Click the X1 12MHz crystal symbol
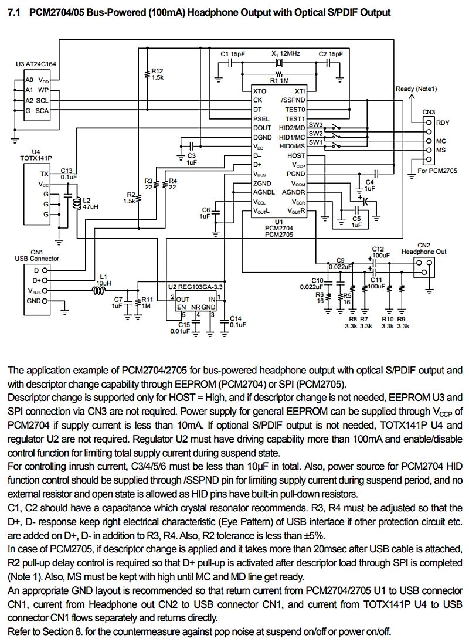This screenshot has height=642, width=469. (x=279, y=63)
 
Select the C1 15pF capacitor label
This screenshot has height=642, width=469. (x=233, y=54)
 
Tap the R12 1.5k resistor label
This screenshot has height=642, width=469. (x=158, y=74)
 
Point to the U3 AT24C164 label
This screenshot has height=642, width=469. (x=36, y=64)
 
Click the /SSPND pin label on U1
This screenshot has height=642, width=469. (x=293, y=100)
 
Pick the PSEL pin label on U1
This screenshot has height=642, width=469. (x=261, y=119)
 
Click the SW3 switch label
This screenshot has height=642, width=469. (x=315, y=124)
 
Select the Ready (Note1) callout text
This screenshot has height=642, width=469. (x=416, y=89)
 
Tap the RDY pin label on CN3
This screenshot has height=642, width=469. (x=443, y=123)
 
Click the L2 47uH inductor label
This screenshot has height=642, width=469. (x=90, y=203)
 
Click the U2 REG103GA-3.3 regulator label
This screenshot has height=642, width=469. (x=195, y=287)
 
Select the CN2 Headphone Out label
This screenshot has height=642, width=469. (x=424, y=249)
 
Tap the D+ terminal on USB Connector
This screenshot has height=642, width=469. (x=45, y=280)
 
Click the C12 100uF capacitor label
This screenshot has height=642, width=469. (x=379, y=252)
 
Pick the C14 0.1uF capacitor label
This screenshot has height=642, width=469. (x=237, y=321)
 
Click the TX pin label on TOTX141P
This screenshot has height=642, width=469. (x=44, y=174)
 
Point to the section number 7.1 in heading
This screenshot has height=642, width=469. (x=14, y=13)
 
